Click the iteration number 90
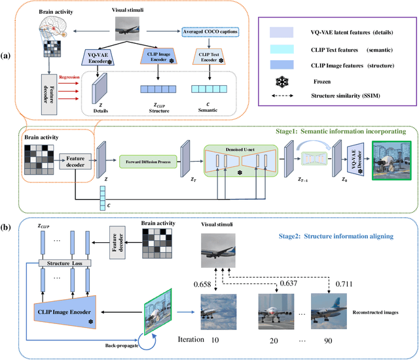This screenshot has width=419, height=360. pos(330,340)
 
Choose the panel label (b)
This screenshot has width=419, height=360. pos(10,226)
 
